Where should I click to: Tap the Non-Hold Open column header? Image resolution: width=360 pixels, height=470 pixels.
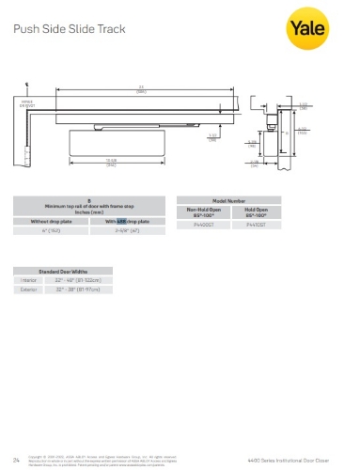coord(202,212)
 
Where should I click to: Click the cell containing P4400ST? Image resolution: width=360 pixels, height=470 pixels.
coord(202,227)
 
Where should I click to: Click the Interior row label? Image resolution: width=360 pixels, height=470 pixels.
coord(28,279)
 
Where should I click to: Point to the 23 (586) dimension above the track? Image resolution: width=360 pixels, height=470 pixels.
coord(140,89)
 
